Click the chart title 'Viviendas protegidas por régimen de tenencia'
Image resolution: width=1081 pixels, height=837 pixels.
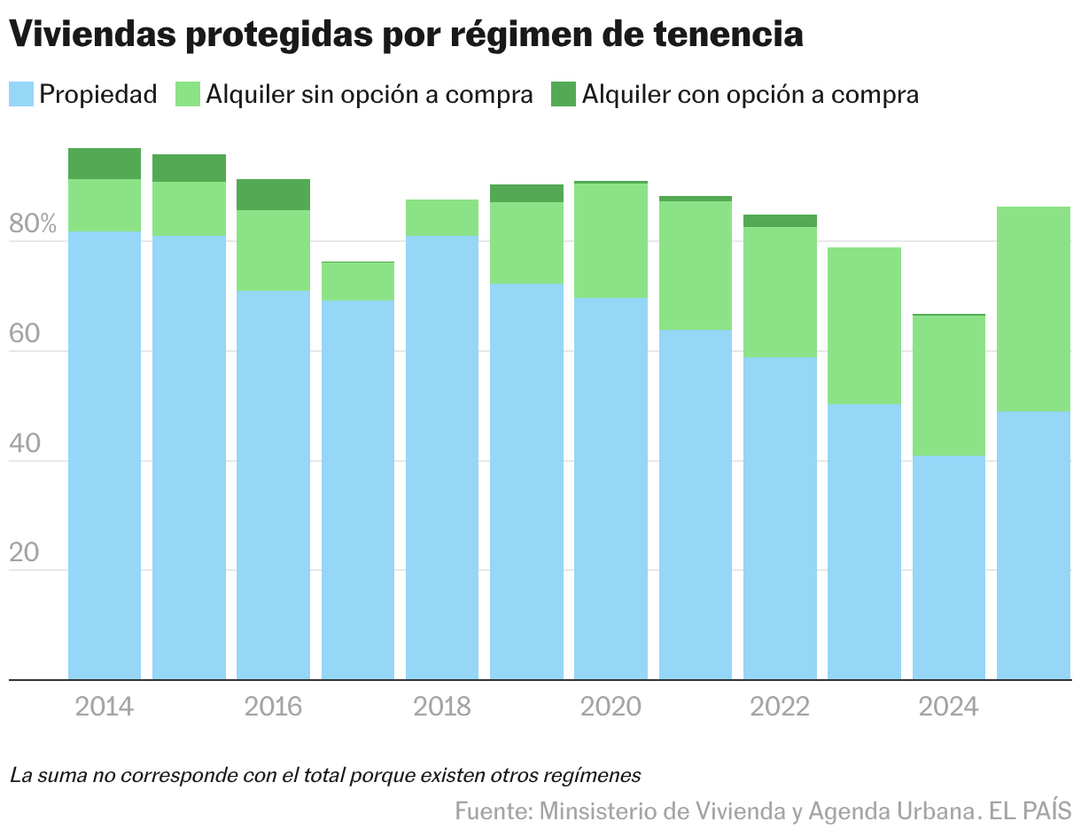pos(406,35)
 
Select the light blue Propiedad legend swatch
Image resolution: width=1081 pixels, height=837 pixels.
pos(21,94)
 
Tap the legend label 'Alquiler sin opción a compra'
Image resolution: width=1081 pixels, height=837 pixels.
pos(369,95)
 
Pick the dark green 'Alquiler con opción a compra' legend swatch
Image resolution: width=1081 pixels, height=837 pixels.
pos(563,94)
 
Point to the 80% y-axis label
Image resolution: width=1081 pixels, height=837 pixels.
pos(33,224)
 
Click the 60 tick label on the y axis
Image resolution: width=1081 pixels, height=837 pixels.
pos(26,334)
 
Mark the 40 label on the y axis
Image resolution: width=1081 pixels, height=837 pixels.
pos(26,443)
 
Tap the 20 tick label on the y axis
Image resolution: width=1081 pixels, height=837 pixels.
pos(26,553)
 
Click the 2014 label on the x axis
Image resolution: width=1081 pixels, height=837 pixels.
pos(105,708)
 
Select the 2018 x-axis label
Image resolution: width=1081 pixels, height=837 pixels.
pos(442,708)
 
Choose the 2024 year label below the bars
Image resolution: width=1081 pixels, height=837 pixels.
pos(948,708)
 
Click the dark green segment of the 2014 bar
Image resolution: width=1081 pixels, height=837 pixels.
pos(105,163)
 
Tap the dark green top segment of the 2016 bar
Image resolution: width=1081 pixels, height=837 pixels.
pos(273,194)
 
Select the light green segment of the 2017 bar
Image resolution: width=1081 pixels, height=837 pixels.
pos(358,282)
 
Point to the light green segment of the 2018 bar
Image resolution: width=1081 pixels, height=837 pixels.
pos(442,217)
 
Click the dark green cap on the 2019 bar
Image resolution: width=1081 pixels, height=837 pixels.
pos(526,193)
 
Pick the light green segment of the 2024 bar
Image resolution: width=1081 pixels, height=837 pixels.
pos(948,386)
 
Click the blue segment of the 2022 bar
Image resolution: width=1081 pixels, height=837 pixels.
pos(780,519)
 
